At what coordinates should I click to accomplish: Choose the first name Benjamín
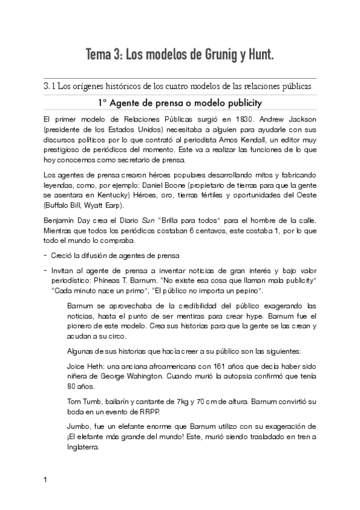60,220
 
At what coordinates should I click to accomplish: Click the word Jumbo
81,427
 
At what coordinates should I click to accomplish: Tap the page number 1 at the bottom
45,481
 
